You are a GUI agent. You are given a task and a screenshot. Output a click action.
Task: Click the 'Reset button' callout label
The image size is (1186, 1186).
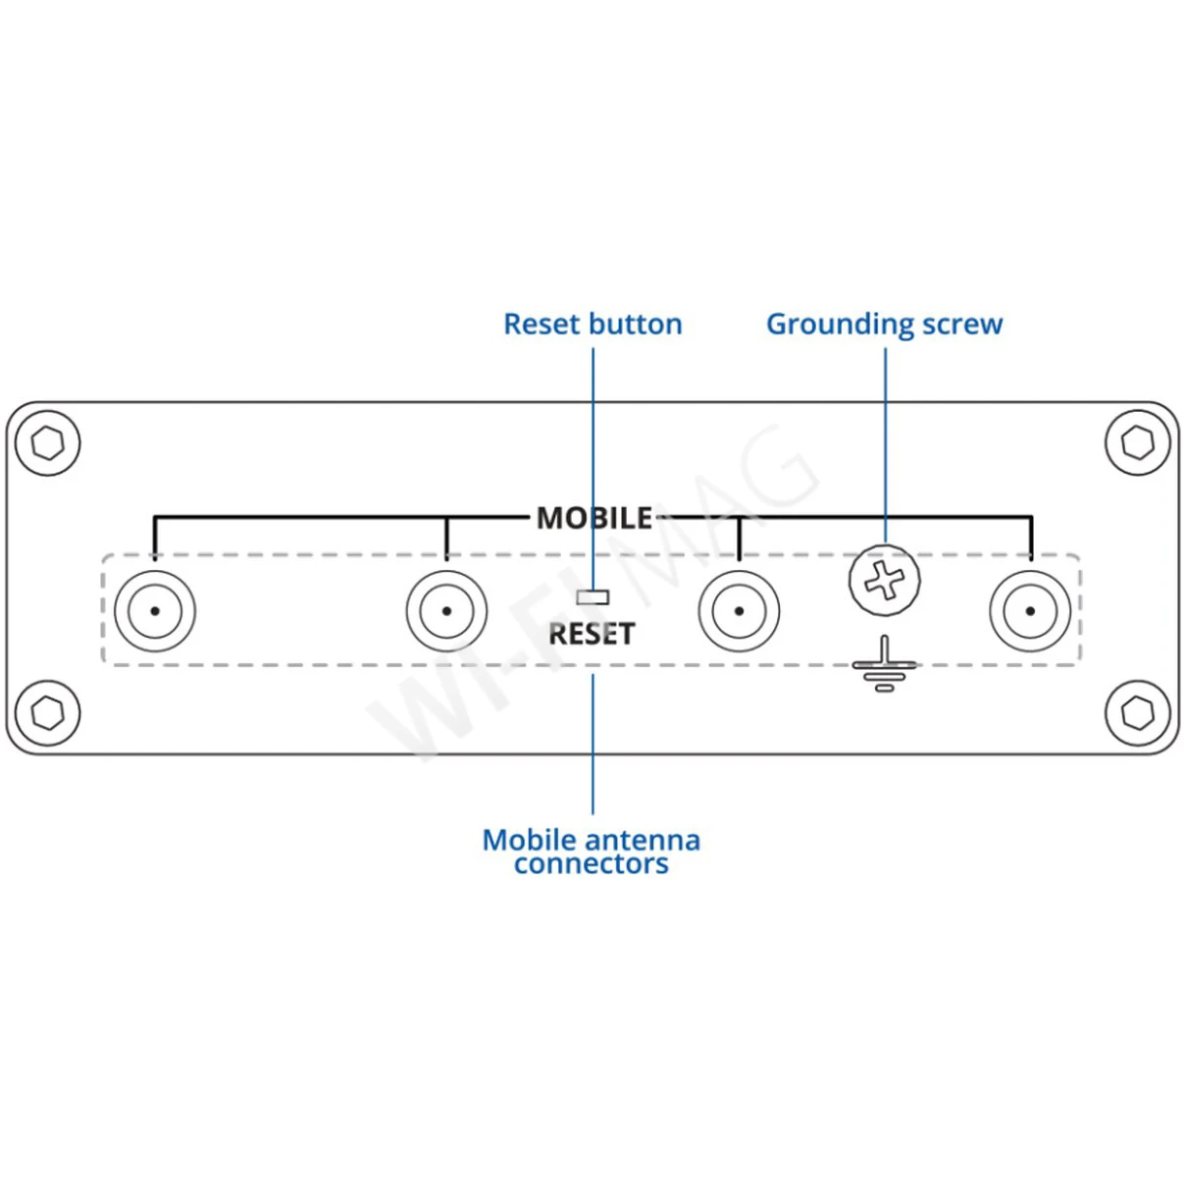click(x=593, y=324)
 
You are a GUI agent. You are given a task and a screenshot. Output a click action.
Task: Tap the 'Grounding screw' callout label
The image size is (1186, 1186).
click(x=884, y=324)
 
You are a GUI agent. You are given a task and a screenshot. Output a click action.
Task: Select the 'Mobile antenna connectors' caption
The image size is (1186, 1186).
click(x=592, y=851)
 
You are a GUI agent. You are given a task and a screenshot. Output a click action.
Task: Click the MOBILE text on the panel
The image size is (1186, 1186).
click(x=594, y=518)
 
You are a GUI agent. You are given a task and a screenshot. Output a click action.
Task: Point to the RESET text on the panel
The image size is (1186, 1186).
click(x=592, y=634)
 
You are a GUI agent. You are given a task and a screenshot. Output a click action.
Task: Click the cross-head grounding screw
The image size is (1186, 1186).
click(x=885, y=581)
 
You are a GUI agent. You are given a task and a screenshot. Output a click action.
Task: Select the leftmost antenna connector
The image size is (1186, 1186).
click(x=155, y=611)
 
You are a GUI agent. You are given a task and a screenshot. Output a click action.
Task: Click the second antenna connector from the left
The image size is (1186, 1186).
click(x=446, y=611)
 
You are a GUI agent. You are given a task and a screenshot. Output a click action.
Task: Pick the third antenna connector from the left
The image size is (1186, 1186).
click(x=739, y=611)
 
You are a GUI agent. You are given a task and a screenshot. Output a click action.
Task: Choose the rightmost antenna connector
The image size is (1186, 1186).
click(x=1030, y=611)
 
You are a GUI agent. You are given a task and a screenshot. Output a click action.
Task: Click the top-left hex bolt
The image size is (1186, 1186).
click(x=48, y=443)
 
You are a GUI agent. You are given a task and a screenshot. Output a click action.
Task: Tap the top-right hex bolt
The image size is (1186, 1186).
click(x=1138, y=443)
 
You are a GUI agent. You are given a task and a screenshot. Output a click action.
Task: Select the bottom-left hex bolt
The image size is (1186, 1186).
click(x=48, y=713)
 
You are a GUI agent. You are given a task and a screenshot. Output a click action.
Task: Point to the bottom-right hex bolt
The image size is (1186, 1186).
click(x=1138, y=713)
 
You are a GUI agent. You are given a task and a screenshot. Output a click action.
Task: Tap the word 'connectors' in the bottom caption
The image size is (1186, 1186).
click(x=592, y=864)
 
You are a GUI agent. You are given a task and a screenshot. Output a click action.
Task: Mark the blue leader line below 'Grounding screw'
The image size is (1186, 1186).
click(x=886, y=441)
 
